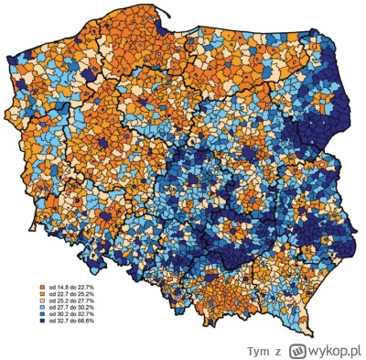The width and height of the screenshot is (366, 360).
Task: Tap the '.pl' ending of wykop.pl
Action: pyautogui.click(x=355, y=348)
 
